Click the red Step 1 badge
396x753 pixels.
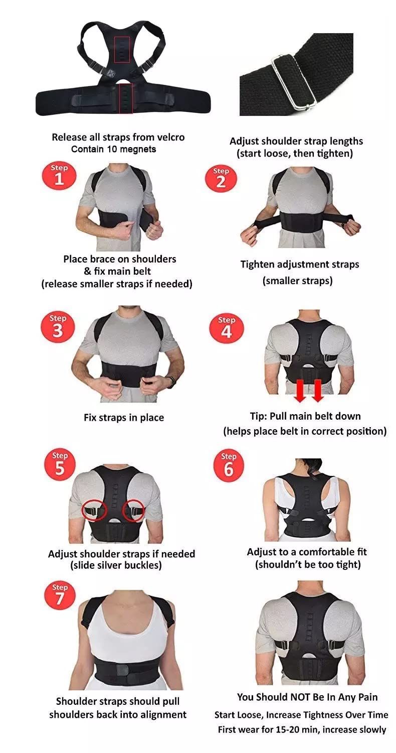(59, 176)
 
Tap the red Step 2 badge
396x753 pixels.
(221, 179)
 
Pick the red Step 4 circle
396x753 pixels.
(226, 329)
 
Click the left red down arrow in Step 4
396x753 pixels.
(300, 391)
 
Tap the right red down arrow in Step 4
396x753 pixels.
(317, 391)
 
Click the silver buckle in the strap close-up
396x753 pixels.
(293, 82)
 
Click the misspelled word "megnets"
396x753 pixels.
(138, 150)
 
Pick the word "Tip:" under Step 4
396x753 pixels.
(259, 417)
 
